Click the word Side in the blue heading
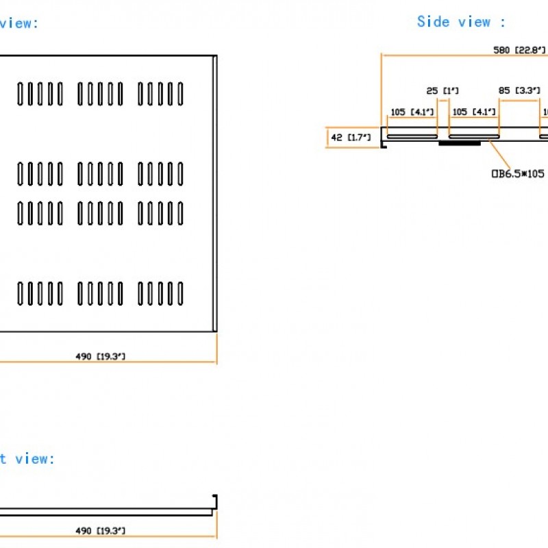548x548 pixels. coord(433,22)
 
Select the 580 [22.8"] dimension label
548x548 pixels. coord(519,49)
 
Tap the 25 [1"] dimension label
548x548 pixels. coord(442,90)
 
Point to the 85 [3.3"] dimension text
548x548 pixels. coord(519,90)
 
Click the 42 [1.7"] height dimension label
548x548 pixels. coord(350,137)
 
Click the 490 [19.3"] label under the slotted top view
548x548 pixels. coord(100,356)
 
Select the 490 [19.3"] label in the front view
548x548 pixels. coord(100,531)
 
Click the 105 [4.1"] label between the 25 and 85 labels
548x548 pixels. coord(474,112)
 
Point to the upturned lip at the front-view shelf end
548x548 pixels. coord(214,501)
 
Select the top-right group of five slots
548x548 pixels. coord(161,94)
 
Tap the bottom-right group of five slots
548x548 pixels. coord(161,293)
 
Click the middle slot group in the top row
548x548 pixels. coord(101,94)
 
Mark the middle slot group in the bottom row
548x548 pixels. coord(101,293)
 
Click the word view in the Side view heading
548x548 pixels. coord(475,22)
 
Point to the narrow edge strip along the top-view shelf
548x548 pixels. coord(215,195)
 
